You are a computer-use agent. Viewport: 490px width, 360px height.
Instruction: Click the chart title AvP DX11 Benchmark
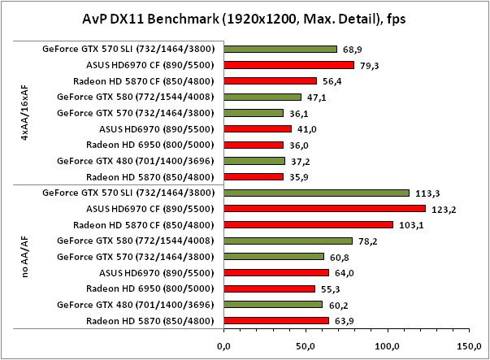coord(245,18)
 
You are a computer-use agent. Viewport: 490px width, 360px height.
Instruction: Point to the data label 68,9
coord(351,50)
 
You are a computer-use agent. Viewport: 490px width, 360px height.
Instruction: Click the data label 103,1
coord(410,225)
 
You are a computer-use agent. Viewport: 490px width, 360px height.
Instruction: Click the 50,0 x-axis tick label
coord(306,346)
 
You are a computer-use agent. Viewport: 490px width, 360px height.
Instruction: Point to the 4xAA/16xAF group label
coord(28,113)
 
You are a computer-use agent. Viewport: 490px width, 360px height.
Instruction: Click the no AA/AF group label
coord(28,257)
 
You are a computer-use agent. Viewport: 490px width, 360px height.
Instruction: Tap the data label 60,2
coord(337,305)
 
